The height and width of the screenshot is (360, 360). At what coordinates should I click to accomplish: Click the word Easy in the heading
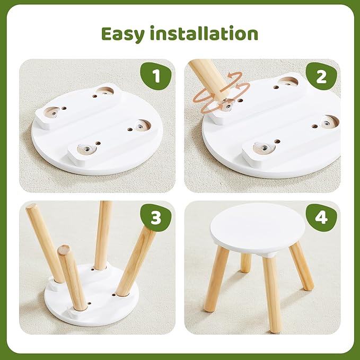[124, 33]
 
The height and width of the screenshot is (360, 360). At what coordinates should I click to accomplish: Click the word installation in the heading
[203, 33]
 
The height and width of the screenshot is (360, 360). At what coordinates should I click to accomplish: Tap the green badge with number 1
[155, 77]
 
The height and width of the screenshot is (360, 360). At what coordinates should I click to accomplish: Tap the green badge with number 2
[321, 77]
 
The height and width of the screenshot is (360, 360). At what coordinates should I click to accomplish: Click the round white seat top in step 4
[258, 229]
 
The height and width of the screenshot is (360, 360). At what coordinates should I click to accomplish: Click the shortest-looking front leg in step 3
[73, 278]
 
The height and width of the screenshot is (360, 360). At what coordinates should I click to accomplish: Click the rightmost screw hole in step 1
[141, 126]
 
